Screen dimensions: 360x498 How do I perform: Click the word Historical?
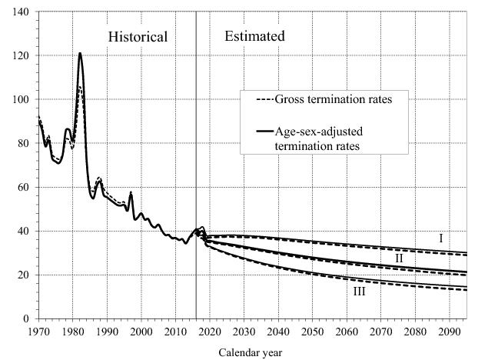click(138, 37)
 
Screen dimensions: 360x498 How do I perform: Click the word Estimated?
click(254, 36)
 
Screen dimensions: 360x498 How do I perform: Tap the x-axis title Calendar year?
click(251, 353)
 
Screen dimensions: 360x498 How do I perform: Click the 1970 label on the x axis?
click(39, 332)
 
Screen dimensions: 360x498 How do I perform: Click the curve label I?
click(441, 239)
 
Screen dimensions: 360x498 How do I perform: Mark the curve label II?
click(399, 258)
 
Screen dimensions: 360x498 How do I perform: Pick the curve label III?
click(359, 292)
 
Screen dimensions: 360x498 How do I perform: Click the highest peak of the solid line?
click(80, 53)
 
